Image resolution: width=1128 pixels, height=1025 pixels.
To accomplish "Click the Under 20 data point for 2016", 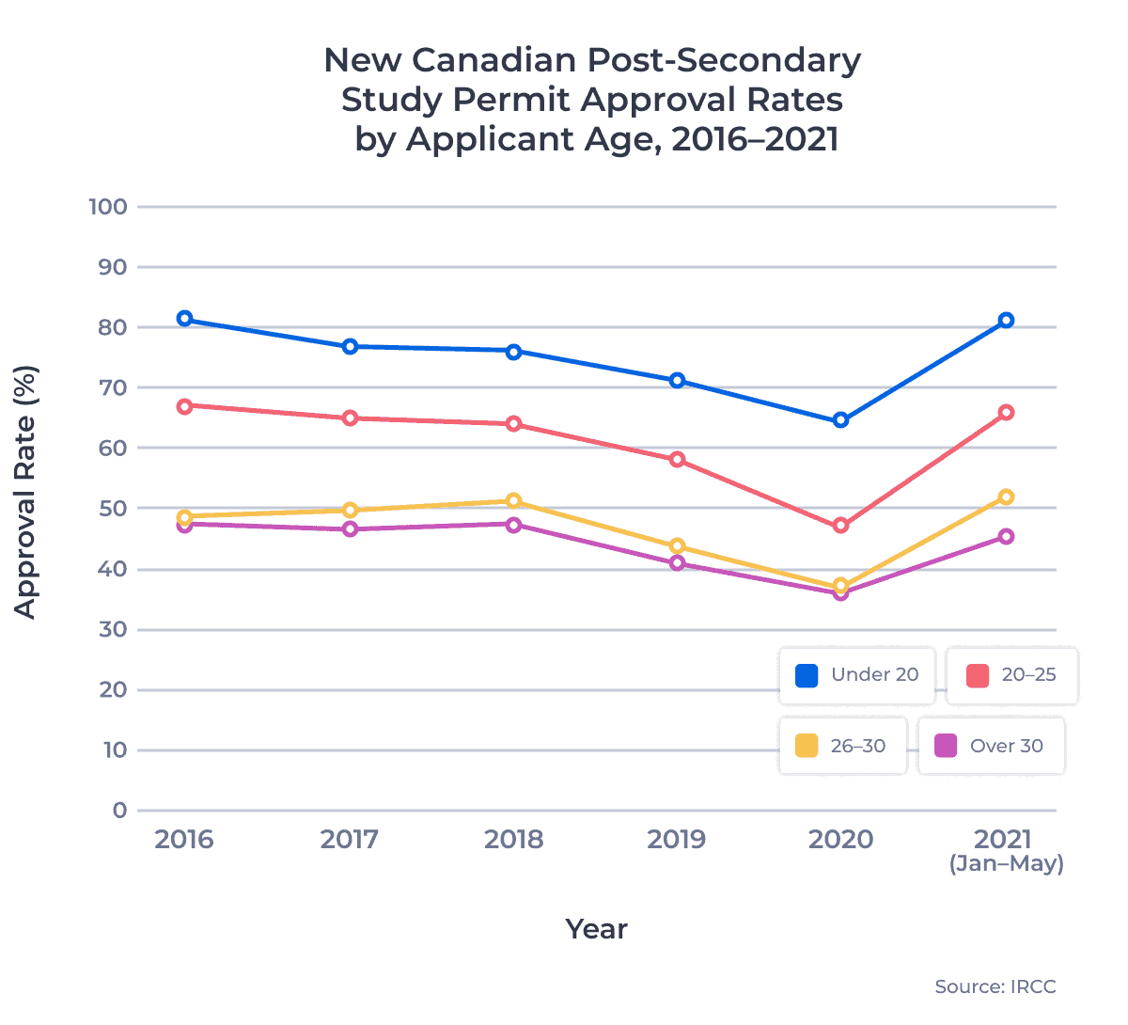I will point(184,319).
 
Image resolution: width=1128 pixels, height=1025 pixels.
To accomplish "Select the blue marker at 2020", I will point(840,419).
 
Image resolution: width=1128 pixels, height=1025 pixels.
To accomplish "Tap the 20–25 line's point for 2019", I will point(677,460).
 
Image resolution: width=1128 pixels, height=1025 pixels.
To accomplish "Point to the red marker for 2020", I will point(840,526).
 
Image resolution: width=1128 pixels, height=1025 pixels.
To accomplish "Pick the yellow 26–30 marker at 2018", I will point(513,501).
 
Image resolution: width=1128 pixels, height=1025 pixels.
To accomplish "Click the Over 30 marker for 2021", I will point(1006,537).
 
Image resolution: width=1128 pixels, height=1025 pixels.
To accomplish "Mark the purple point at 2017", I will point(350,529).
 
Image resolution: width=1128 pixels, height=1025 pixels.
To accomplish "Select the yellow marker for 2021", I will point(1006,497).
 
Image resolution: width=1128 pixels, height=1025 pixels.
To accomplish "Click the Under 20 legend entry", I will point(856,675).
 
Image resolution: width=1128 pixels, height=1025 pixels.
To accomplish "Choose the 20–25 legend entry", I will point(1011,675).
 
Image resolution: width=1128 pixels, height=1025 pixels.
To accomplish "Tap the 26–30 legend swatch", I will point(807,746).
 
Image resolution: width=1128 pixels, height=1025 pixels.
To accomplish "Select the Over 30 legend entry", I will point(991,746).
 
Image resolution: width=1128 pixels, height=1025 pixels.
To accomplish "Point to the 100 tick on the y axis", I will point(108,207).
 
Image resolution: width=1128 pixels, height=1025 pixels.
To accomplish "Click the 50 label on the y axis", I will point(113,509).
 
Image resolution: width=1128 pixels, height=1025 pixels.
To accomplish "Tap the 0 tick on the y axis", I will point(119,811).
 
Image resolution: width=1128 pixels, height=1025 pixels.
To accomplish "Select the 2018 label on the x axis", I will point(513,839).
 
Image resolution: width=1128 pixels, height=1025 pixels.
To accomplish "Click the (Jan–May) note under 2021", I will point(1006,863).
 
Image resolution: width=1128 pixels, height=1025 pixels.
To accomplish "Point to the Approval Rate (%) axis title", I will point(25,493).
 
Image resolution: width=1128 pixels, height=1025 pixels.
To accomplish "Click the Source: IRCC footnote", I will point(995,986).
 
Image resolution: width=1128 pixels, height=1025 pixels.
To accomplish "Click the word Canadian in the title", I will point(494,60).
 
